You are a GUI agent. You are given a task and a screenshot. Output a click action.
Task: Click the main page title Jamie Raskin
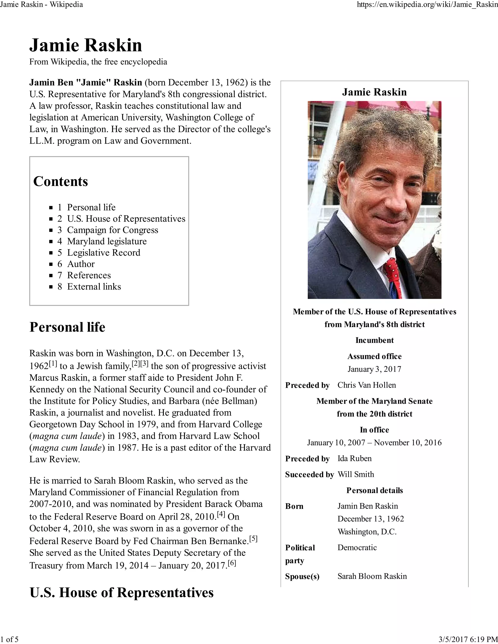tap(86, 45)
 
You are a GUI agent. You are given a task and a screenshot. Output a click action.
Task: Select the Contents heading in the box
tap(61, 181)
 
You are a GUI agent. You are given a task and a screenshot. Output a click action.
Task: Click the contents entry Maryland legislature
tap(107, 241)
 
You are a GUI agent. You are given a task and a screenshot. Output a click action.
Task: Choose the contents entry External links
tap(94, 287)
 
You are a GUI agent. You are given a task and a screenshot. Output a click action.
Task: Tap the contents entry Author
tap(81, 264)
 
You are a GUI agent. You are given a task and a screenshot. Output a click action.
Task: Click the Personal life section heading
tap(67, 327)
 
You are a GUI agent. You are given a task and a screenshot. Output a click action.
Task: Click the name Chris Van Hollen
tap(366, 385)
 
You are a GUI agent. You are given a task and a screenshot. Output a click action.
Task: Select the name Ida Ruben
tap(354, 459)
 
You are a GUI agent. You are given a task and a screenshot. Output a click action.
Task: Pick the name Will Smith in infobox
tap(356, 474)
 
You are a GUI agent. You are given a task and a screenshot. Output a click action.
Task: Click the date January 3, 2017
tap(374, 369)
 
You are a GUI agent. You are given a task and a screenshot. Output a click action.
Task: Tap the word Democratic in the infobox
tap(357, 548)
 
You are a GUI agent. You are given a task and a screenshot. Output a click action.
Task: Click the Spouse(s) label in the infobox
tap(302, 576)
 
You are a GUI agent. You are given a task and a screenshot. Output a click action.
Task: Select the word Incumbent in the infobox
tap(374, 340)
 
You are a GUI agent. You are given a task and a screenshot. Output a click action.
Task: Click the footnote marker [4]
tap(221, 514)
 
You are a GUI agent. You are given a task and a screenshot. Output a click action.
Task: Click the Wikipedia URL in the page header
tap(427, 4)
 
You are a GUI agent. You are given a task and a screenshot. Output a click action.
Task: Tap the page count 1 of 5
tap(9, 639)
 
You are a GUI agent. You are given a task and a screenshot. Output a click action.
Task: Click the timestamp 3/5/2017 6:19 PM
tap(468, 639)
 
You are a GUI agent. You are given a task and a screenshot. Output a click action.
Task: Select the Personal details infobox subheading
tap(374, 490)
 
